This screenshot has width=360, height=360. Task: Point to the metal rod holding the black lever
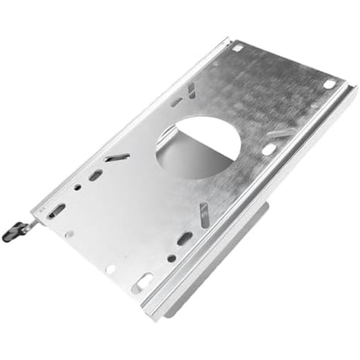pos(29,222)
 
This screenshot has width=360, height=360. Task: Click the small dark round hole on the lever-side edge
pos(77,186)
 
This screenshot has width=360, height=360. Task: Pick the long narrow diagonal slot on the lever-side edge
pos(117,157)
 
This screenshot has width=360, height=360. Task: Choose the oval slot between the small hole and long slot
pos(95,176)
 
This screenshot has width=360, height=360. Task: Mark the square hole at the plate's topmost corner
pos(237,47)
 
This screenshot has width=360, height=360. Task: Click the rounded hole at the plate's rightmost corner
pos(329,84)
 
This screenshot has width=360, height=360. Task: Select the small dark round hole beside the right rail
pos(171,257)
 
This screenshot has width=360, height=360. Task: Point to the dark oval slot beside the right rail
pos(185,239)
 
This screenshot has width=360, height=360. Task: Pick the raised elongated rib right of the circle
pos(281,133)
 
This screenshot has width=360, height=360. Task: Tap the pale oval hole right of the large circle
pos(269,150)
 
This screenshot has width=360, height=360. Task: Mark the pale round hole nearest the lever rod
pos(68,234)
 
